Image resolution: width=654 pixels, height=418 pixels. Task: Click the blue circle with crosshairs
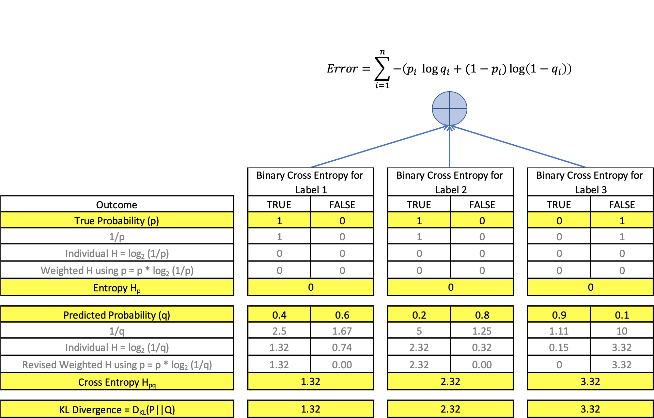point(449,109)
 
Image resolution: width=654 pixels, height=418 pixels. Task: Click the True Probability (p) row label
point(116,221)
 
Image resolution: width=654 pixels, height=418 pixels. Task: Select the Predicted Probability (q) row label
point(116,315)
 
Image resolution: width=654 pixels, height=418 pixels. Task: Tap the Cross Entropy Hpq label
point(116,382)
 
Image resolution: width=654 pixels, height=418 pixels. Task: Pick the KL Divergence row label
point(116,409)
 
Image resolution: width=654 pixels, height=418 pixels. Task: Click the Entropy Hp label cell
point(116,288)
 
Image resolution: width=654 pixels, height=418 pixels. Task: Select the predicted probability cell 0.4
point(279,315)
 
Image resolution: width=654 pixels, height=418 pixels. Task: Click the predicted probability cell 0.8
point(482,315)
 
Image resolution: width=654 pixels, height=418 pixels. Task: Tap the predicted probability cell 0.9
point(559,315)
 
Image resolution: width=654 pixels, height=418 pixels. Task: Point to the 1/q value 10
point(622,331)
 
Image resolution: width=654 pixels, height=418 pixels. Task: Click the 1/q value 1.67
point(342,331)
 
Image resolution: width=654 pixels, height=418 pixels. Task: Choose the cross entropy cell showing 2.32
point(450,382)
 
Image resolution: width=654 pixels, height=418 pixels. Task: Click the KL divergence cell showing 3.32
point(590,409)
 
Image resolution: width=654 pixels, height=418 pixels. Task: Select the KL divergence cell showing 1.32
point(311,409)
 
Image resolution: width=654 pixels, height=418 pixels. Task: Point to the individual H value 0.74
point(342,348)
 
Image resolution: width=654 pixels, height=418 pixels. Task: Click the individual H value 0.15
point(559,348)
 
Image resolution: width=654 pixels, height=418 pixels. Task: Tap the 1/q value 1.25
point(482,331)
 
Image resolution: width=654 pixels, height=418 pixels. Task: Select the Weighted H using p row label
point(117,271)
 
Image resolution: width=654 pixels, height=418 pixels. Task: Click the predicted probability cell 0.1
point(622,315)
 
